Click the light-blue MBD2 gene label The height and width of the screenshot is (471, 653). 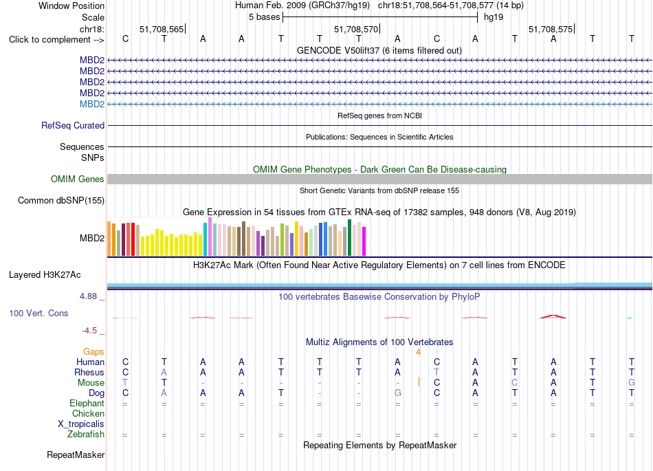[92, 104]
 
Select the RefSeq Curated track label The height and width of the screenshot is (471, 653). [73, 125]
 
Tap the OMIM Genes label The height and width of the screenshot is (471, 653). [78, 179]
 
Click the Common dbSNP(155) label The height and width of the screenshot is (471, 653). [61, 200]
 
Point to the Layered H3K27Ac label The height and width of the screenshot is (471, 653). [45, 275]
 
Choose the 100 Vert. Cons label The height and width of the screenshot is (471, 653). [38, 313]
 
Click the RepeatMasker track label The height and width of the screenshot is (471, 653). [76, 454]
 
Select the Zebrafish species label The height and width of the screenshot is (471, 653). [86, 435]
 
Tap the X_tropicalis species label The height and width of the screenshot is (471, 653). [81, 424]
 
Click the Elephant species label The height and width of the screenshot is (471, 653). [87, 403]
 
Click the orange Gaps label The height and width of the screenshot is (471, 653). [93, 352]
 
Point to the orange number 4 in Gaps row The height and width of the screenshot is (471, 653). [418, 352]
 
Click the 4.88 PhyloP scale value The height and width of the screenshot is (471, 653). [88, 296]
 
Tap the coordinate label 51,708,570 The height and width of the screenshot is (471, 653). [356, 29]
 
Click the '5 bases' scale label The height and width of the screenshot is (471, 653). [265, 17]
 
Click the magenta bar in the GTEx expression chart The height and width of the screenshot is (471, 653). [364, 241]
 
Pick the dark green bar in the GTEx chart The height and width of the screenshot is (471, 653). [349, 237]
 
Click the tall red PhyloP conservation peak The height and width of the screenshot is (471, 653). [553, 316]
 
